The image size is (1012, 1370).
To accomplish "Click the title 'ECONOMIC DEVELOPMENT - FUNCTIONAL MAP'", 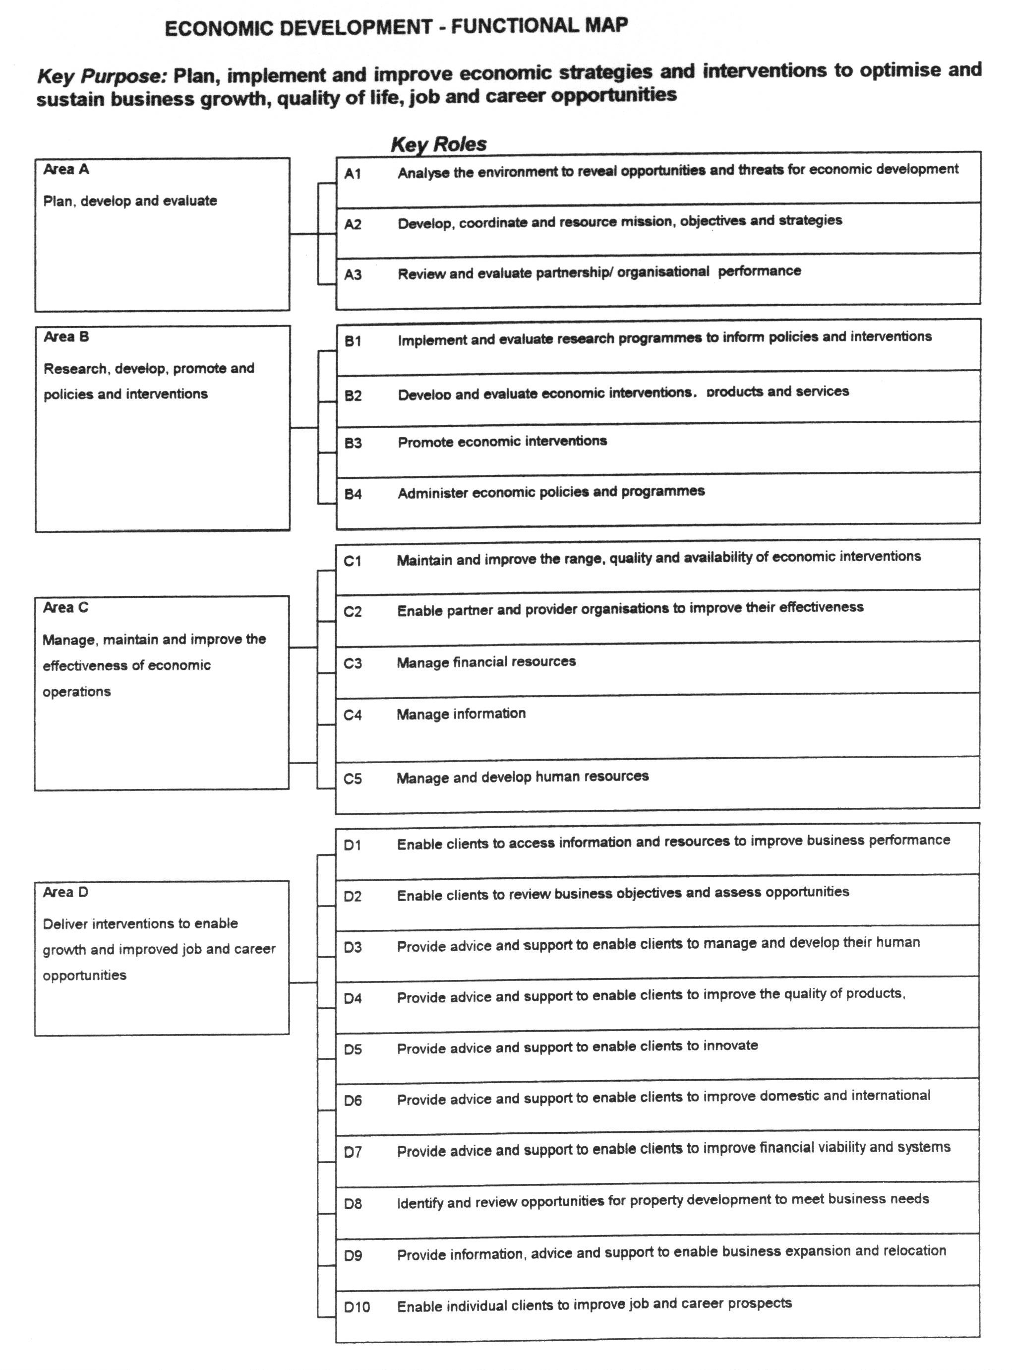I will (x=396, y=27).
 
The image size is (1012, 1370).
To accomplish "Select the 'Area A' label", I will (x=66, y=170).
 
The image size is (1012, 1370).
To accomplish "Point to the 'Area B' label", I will (x=66, y=337).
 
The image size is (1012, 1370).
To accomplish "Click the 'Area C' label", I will (x=65, y=607).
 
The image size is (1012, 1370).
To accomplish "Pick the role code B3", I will (x=353, y=443).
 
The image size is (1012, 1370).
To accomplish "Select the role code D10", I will (x=357, y=1307).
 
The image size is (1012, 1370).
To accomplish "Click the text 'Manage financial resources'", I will (x=486, y=662).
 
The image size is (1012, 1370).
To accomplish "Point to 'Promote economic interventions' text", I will (x=502, y=441).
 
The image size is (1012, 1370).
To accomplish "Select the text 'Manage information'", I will (x=461, y=714).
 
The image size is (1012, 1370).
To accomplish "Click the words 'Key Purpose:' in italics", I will (x=102, y=76).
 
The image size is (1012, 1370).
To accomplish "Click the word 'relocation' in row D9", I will (x=915, y=1250).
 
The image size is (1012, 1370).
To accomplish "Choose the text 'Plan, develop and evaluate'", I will (x=130, y=201).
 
